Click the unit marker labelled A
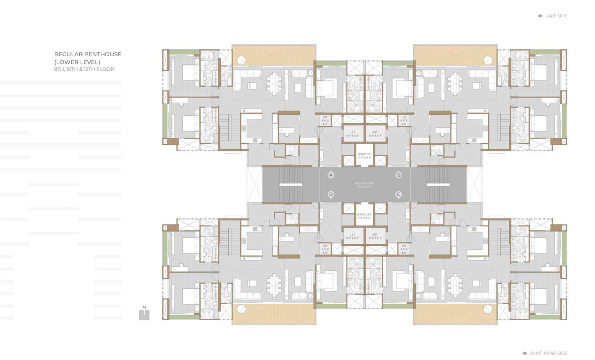coord(331,175)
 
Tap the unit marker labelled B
coord(399,175)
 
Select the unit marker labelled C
coord(399,194)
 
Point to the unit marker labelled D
coord(331,194)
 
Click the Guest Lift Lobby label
coord(364,185)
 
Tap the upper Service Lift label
coord(364,156)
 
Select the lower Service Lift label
coord(364,216)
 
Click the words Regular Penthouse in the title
coord(88,54)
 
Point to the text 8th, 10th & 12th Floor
coord(84,69)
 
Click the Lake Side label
coord(556,16)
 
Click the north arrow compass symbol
coord(144,314)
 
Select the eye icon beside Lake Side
coord(540,16)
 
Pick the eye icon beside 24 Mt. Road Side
coord(525,353)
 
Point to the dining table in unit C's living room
coord(454,285)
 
